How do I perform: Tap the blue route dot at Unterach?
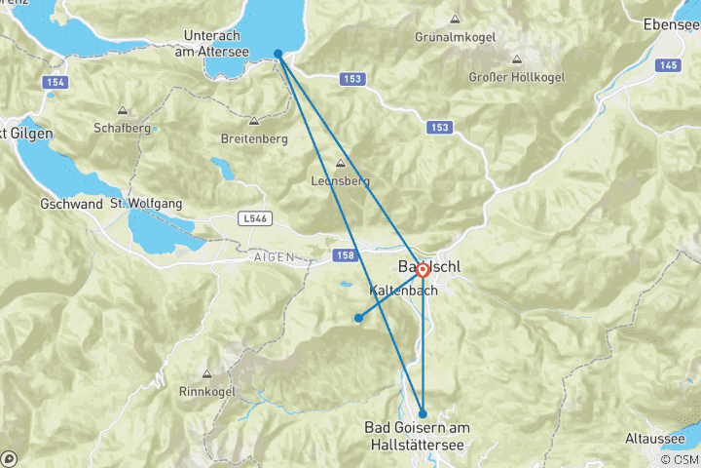(x=278, y=55)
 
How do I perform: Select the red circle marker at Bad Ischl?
(x=424, y=271)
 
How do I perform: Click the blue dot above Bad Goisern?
(x=422, y=413)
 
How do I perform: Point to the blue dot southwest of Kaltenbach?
(x=358, y=318)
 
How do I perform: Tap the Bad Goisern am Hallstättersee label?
(x=417, y=437)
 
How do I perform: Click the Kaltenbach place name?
(x=403, y=291)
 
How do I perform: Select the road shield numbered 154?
(x=55, y=83)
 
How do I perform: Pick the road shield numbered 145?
(x=667, y=64)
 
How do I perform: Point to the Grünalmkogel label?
(x=456, y=37)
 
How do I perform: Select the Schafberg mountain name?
(x=122, y=128)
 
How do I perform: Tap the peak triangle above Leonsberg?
(x=340, y=164)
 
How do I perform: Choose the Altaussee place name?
(x=658, y=440)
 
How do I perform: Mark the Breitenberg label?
(x=254, y=138)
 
